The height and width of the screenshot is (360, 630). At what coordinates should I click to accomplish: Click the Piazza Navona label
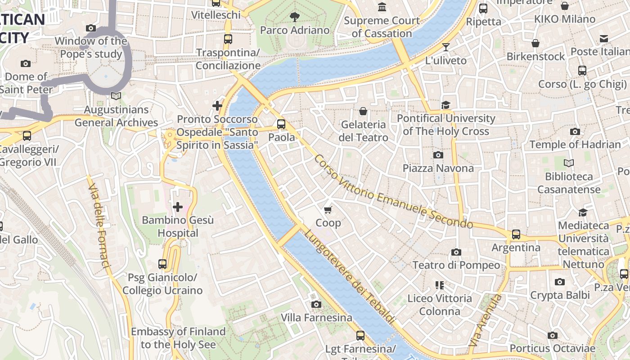pos(438,168)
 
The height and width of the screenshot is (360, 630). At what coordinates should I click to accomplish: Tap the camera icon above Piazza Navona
pos(438,155)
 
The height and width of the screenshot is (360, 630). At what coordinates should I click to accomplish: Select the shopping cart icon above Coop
pos(328,210)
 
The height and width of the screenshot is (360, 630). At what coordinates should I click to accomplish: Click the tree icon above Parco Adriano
pos(295,17)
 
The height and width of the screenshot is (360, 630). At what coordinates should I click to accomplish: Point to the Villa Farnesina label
pos(316,318)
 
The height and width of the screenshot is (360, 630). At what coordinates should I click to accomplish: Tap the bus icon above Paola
pos(281,124)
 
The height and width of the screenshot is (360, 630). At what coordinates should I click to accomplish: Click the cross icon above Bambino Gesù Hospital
pos(178,207)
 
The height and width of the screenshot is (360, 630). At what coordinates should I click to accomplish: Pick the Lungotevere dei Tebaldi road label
pos(349,277)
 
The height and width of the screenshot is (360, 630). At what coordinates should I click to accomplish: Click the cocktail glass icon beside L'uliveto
pos(445,47)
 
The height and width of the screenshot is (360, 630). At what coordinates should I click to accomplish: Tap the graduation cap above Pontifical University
pos(445,105)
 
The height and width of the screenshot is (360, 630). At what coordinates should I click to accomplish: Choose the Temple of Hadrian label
pos(575,144)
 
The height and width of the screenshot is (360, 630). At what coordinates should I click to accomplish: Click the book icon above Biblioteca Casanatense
pos(569,163)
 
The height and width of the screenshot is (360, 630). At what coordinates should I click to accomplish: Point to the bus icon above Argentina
pos(516,234)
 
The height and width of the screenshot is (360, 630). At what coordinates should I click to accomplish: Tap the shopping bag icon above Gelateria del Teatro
pos(363,111)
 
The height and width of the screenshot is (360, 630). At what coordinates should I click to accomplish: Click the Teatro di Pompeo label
pos(456,265)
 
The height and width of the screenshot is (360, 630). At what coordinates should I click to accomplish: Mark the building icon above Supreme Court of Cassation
pos(382,7)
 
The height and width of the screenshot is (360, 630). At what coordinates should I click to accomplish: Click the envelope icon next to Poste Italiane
pos(603,39)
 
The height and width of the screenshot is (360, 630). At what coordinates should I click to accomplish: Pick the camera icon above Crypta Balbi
pos(559,282)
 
